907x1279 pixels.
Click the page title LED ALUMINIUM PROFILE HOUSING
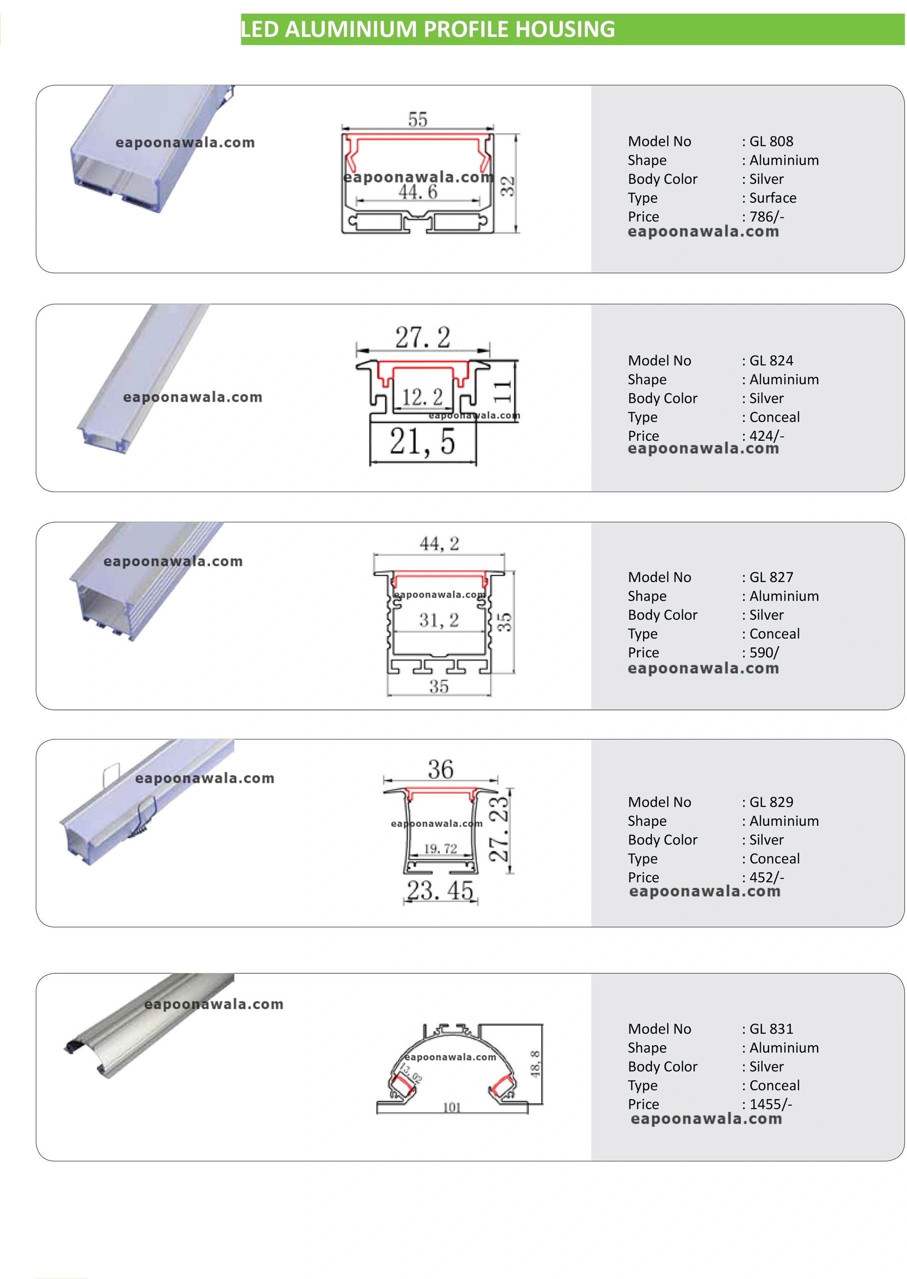pyautogui.click(x=428, y=29)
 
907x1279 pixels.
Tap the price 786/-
pyautogui.click(x=767, y=217)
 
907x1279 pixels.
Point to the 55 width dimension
pyautogui.click(x=418, y=119)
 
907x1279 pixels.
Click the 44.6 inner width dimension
pyautogui.click(x=418, y=192)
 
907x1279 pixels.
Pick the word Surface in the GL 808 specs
pyautogui.click(x=773, y=198)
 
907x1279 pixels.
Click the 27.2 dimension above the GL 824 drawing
pyautogui.click(x=423, y=338)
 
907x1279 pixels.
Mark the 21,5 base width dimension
pyautogui.click(x=423, y=442)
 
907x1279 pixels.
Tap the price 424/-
pyautogui.click(x=767, y=436)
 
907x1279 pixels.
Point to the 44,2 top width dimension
pyautogui.click(x=440, y=544)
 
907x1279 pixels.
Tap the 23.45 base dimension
pyautogui.click(x=440, y=890)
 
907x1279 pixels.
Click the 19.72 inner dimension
pyautogui.click(x=441, y=848)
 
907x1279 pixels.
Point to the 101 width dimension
pyautogui.click(x=452, y=1107)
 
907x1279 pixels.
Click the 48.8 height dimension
pyautogui.click(x=535, y=1064)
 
